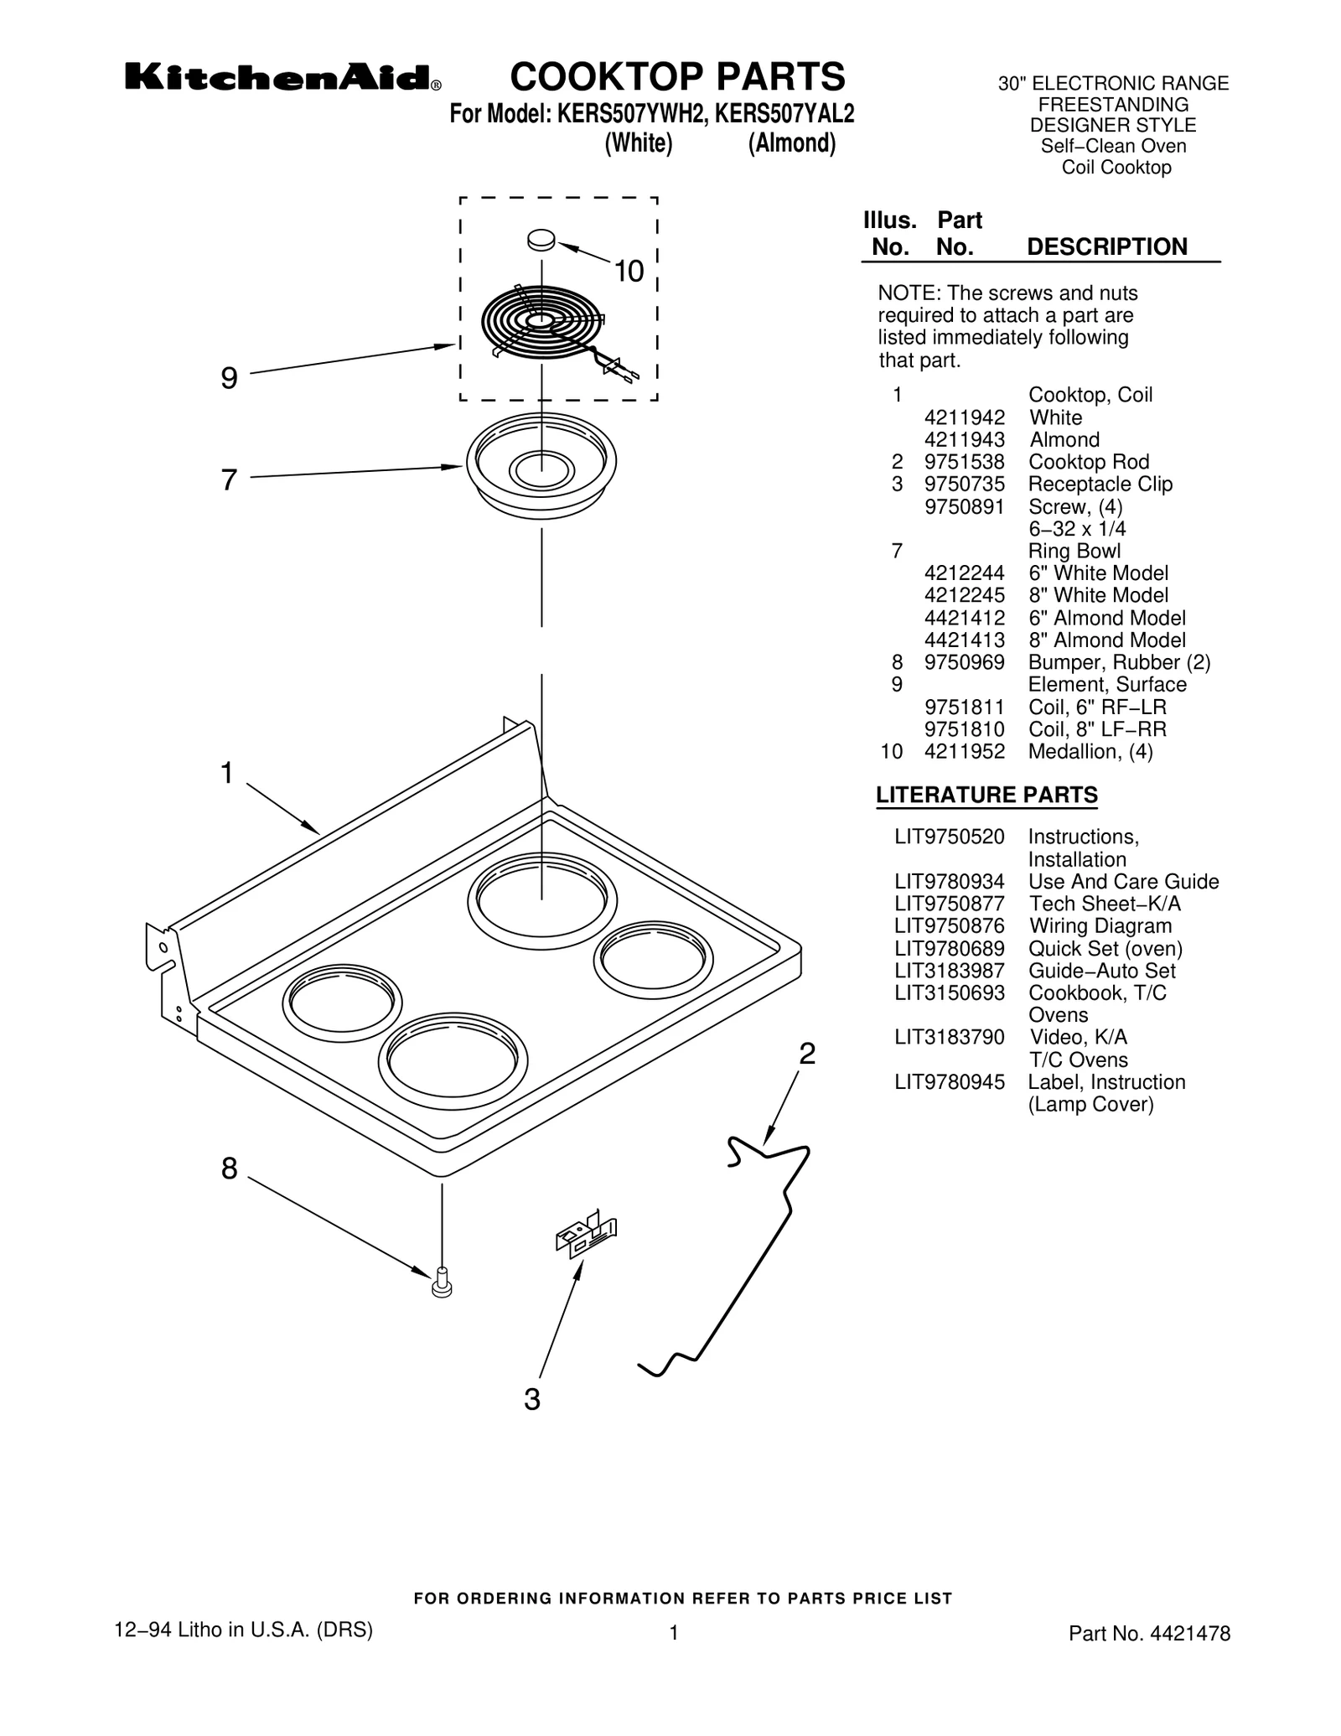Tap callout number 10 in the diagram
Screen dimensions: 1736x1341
pyautogui.click(x=629, y=272)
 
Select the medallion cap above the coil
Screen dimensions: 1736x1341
pyautogui.click(x=541, y=239)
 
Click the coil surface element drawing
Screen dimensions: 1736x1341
pyautogui.click(x=542, y=322)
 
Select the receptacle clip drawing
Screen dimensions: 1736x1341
pyautogui.click(x=586, y=1237)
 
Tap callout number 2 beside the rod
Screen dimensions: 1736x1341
pyautogui.click(x=806, y=1054)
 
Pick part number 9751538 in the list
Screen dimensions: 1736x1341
pyautogui.click(x=964, y=462)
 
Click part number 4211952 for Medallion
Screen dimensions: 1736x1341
pyautogui.click(x=964, y=752)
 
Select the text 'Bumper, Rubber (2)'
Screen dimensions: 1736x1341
pyautogui.click(x=1119, y=662)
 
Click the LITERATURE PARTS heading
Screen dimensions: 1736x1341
pyautogui.click(x=986, y=795)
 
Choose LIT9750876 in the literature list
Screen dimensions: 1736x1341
pyautogui.click(x=949, y=926)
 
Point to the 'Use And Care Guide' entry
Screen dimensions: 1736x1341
pyautogui.click(x=1123, y=882)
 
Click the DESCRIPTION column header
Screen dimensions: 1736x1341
pyautogui.click(x=1106, y=247)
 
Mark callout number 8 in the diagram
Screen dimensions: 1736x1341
pyautogui.click(x=229, y=1169)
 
